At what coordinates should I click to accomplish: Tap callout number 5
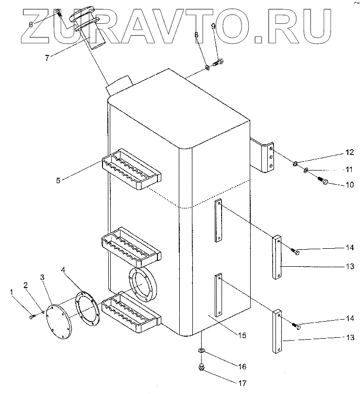click(58, 181)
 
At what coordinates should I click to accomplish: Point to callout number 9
click(213, 25)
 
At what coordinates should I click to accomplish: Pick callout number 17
click(241, 383)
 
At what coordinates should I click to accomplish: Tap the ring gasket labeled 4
click(87, 307)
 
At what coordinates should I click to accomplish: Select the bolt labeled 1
click(32, 316)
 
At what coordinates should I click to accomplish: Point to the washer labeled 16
click(201, 351)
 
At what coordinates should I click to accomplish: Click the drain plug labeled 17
click(201, 367)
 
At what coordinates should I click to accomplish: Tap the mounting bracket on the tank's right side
click(264, 155)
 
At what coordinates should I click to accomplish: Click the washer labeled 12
click(295, 164)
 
